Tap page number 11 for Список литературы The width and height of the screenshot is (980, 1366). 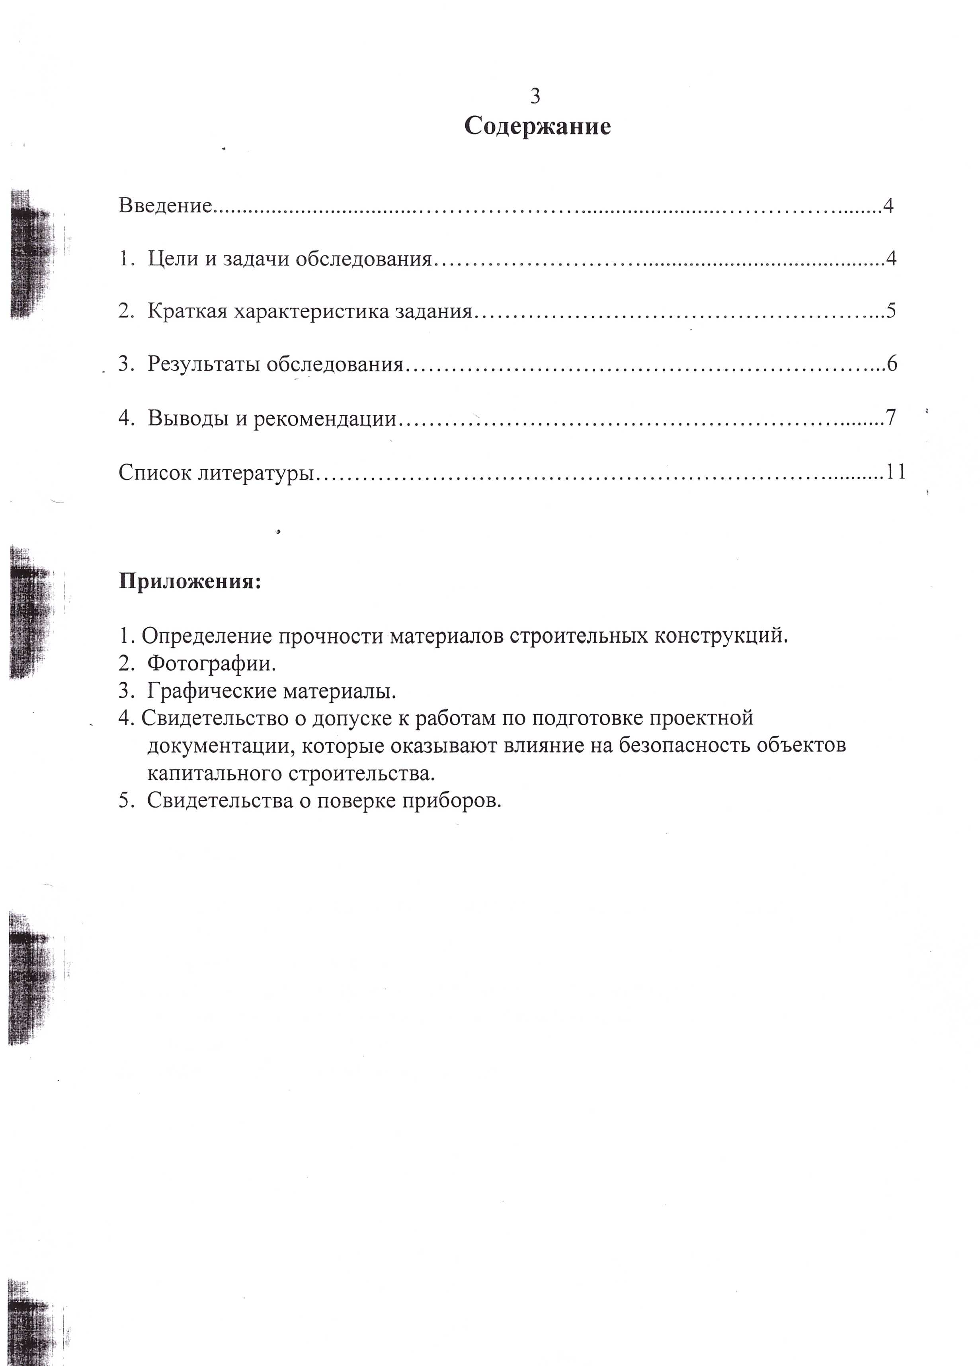895,472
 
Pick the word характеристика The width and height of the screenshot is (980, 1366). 311,311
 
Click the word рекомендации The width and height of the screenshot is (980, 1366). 325,418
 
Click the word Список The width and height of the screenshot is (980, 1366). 155,472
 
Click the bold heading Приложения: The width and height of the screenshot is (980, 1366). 190,582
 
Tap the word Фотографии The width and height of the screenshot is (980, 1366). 211,664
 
